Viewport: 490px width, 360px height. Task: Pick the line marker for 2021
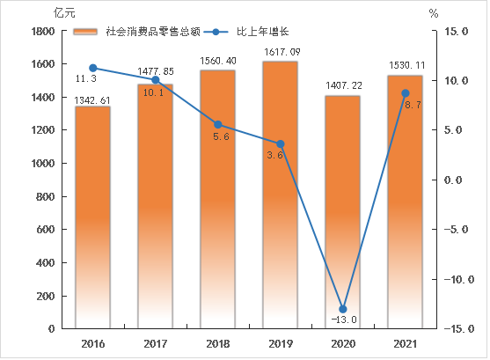(405, 93)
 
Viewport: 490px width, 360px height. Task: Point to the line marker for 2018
(217, 124)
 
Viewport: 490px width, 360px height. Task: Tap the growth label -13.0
(342, 320)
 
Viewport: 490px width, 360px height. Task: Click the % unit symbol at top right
(434, 13)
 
